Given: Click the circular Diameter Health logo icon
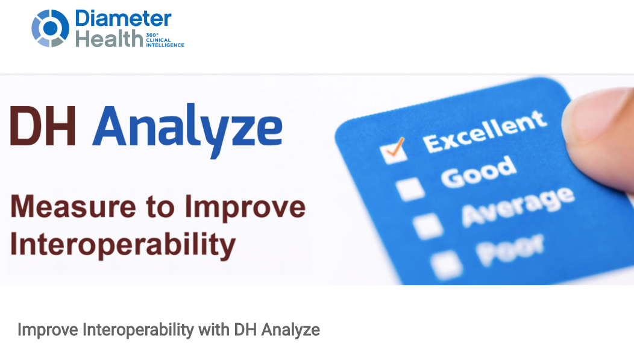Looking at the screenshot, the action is point(50,28).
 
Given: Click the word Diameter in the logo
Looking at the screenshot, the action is point(124,19).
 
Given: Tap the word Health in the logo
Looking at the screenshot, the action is point(109,39).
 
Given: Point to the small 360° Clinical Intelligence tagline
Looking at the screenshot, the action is point(165,40).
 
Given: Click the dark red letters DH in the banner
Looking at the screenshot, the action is point(43,126).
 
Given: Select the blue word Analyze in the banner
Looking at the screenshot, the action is point(187,130).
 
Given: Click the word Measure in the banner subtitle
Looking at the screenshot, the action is point(73,207).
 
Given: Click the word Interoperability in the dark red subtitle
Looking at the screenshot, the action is point(123,245).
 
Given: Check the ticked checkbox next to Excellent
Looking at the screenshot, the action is point(394,151).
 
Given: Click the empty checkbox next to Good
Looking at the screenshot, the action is point(410,189).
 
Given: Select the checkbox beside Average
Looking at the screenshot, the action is point(428,226).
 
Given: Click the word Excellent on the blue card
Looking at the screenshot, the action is point(485,132).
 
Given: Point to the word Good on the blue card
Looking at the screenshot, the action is point(479,172).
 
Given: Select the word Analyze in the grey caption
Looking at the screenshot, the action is point(290,330).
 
